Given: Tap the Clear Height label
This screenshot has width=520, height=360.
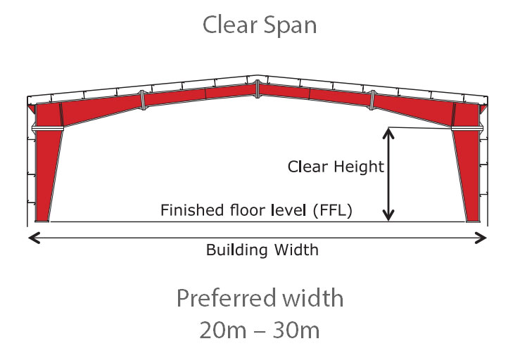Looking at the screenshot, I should click(x=336, y=167).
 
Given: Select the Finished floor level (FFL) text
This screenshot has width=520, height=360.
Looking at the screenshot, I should click(x=256, y=210).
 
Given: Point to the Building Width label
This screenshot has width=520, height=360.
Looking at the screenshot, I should click(x=262, y=250).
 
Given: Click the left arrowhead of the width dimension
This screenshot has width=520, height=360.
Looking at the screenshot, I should click(x=32, y=238).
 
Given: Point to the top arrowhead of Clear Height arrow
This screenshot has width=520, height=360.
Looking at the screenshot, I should click(x=388, y=131).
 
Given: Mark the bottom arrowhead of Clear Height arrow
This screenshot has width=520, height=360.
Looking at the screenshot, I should click(x=388, y=217).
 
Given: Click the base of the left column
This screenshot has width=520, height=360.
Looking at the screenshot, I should click(x=42, y=219).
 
